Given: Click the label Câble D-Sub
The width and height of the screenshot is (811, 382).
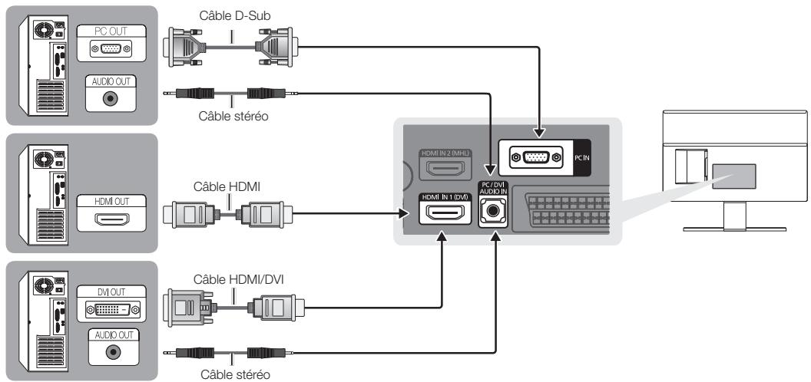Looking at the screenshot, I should coord(227,14).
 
